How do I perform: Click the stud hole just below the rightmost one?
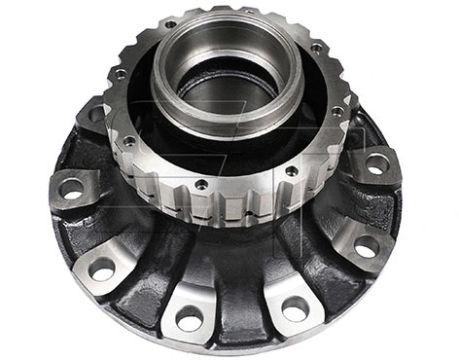[366, 247]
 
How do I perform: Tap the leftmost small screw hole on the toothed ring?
[121, 73]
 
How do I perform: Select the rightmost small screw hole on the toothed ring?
[336, 112]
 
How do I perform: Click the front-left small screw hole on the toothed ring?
[200, 183]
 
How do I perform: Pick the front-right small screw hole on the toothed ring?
[292, 170]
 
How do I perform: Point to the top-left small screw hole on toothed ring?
[171, 24]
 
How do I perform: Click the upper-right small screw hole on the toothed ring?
[316, 47]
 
